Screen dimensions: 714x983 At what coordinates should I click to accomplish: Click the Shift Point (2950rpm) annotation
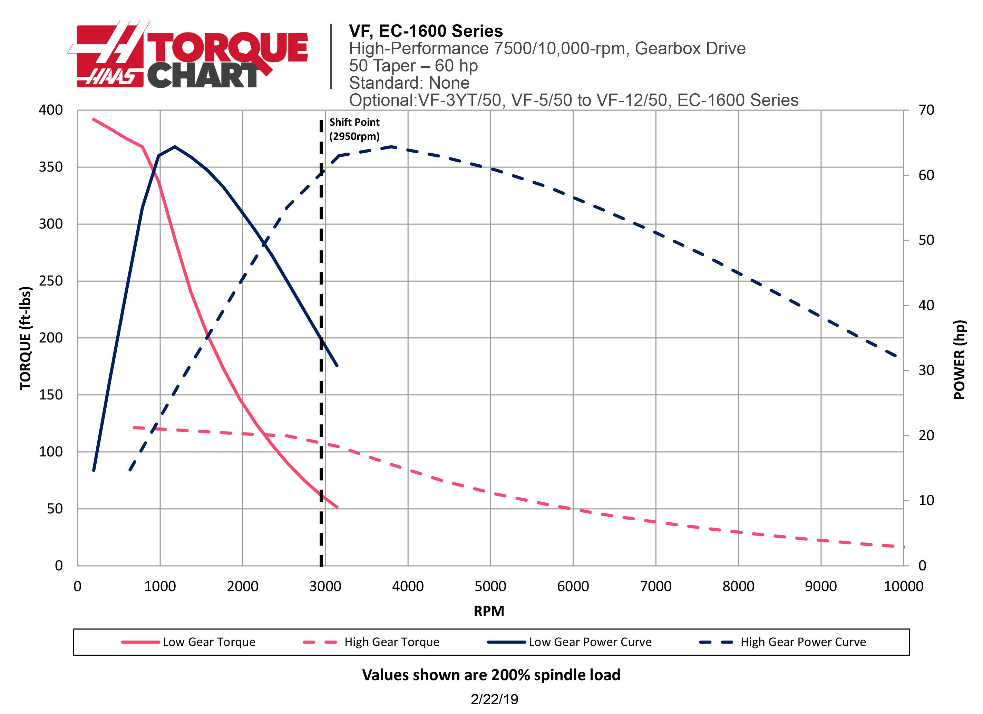[x=354, y=129]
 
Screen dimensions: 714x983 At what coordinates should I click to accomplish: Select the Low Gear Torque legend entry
[x=209, y=642]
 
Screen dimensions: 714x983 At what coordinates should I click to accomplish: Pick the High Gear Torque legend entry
[x=391, y=642]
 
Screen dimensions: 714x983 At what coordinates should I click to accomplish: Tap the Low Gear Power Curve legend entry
[x=590, y=642]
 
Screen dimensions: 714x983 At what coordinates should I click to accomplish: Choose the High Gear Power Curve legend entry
[x=803, y=642]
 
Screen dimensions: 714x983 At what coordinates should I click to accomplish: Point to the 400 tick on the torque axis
[x=51, y=110]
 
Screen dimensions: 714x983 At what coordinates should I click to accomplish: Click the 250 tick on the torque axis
[x=51, y=281]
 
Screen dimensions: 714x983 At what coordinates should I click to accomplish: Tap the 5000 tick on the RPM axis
[x=490, y=587]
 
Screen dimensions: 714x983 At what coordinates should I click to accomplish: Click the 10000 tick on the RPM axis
[x=903, y=587]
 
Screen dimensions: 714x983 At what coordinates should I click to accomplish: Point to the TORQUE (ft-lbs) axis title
[x=26, y=338]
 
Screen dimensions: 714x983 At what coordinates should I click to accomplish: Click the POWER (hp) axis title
[x=960, y=360]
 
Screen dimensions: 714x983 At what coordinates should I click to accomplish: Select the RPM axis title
[x=489, y=611]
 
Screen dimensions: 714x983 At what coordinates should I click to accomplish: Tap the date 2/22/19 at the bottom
[x=494, y=699]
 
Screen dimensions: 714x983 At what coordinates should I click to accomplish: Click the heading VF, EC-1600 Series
[x=426, y=31]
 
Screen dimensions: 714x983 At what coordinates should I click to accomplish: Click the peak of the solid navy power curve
[x=175, y=146]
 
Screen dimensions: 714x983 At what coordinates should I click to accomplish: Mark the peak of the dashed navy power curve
[x=391, y=146]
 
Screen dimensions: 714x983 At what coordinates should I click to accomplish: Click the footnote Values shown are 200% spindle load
[x=491, y=675]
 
